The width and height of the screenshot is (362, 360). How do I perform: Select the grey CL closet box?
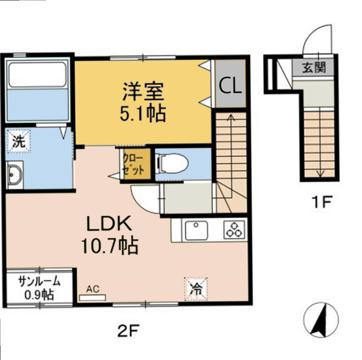(230, 85)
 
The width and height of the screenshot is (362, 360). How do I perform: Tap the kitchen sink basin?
(196, 230)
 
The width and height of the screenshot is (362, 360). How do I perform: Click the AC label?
(93, 289)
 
